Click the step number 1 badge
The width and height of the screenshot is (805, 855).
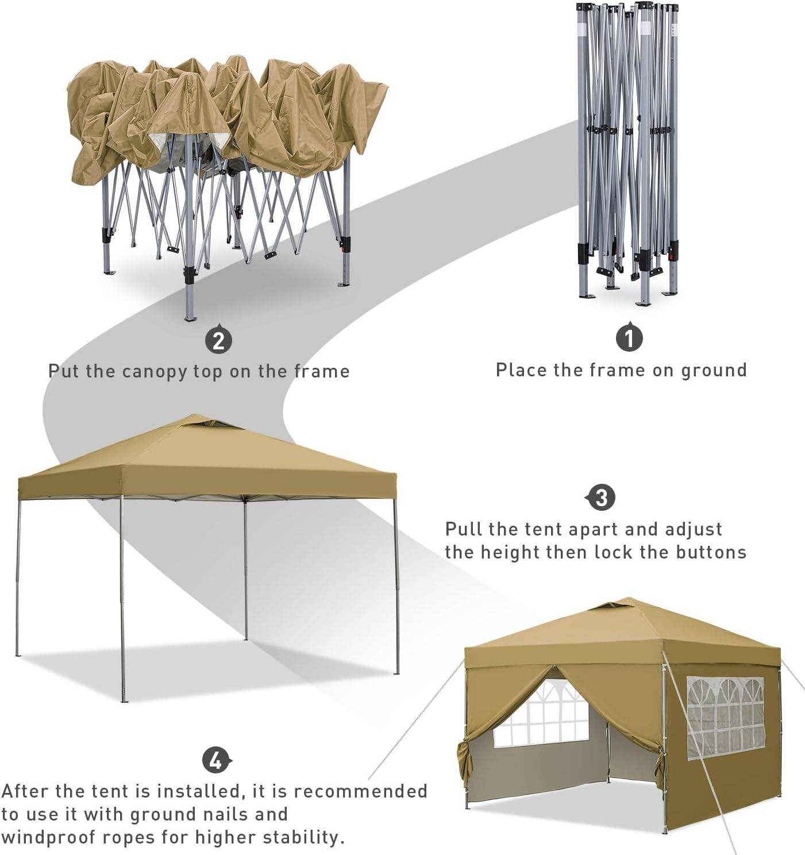coord(629,338)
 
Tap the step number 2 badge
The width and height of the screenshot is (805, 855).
coord(218,341)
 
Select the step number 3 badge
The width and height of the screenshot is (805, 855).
coord(601,498)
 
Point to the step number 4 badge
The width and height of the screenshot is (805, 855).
coord(216,761)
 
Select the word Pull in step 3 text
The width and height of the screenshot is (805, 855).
coord(464,529)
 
